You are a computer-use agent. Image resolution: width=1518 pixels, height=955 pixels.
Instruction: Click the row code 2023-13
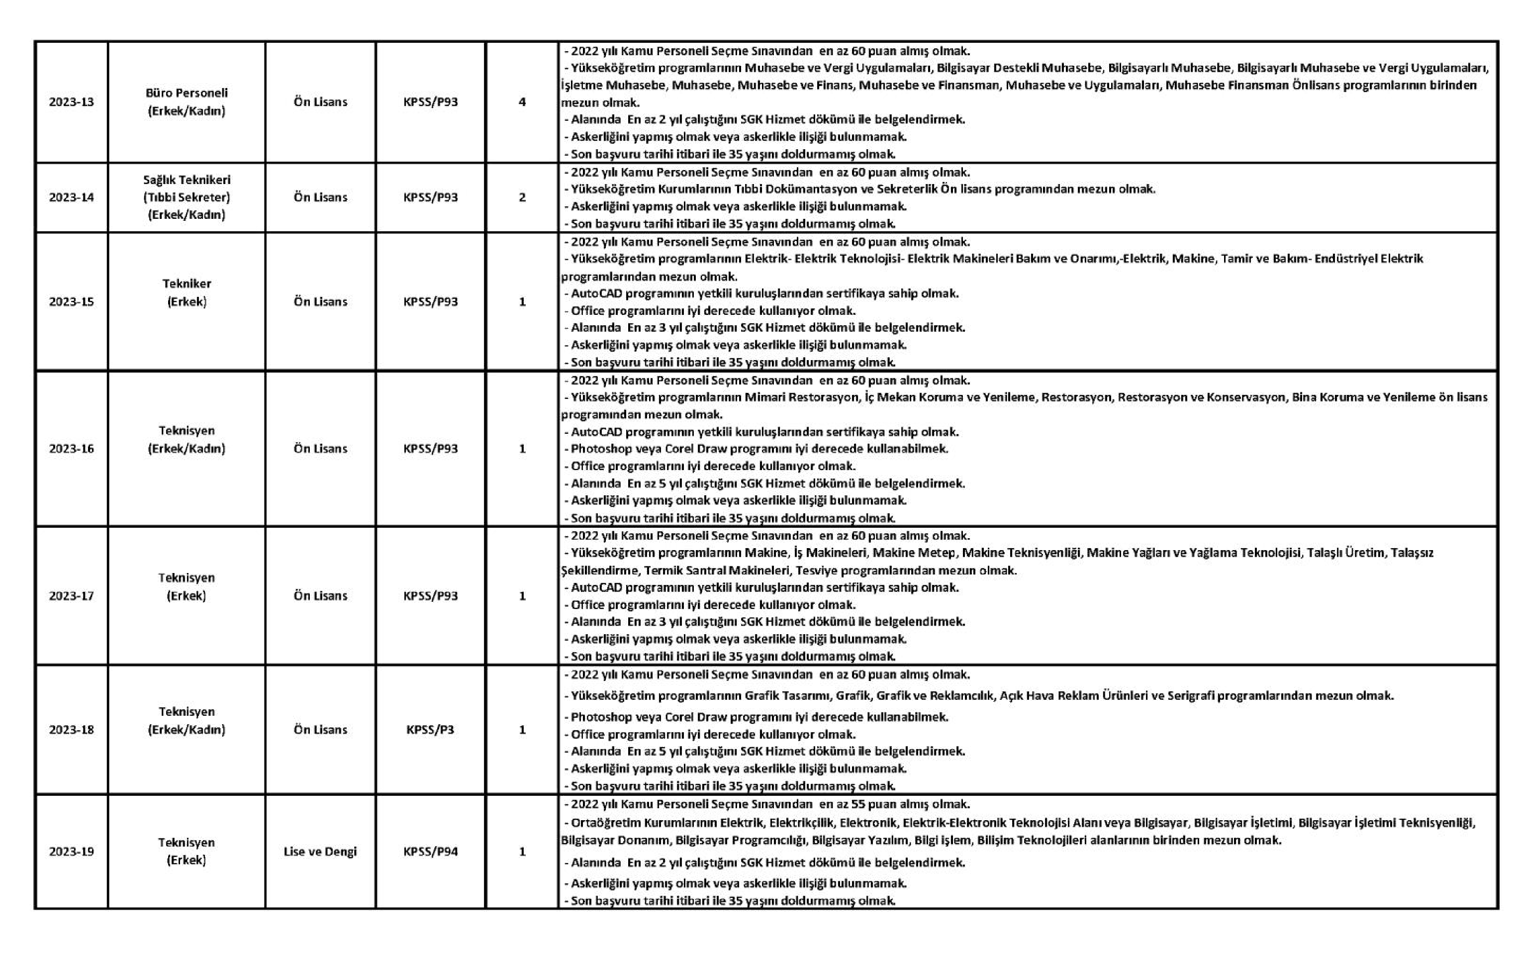tap(71, 102)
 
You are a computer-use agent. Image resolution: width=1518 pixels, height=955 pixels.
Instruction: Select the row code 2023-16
tap(71, 449)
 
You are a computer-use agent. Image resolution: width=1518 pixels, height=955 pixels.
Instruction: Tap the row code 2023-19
tap(71, 852)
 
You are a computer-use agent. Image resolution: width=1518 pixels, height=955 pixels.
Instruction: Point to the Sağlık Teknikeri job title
tap(187, 180)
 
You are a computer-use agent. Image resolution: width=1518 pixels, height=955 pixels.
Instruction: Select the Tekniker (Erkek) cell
tap(187, 292)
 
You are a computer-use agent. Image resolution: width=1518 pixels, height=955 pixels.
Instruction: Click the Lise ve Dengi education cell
tap(320, 852)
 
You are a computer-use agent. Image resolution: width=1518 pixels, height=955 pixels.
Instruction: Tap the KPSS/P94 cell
tap(431, 852)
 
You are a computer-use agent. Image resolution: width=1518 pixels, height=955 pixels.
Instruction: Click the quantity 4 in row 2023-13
tap(522, 102)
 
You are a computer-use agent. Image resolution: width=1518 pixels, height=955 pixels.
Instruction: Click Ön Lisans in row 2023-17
tap(320, 596)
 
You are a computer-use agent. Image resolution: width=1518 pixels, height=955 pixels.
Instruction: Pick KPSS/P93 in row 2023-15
tap(431, 302)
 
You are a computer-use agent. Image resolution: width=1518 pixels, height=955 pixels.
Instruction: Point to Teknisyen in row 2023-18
tap(187, 712)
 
